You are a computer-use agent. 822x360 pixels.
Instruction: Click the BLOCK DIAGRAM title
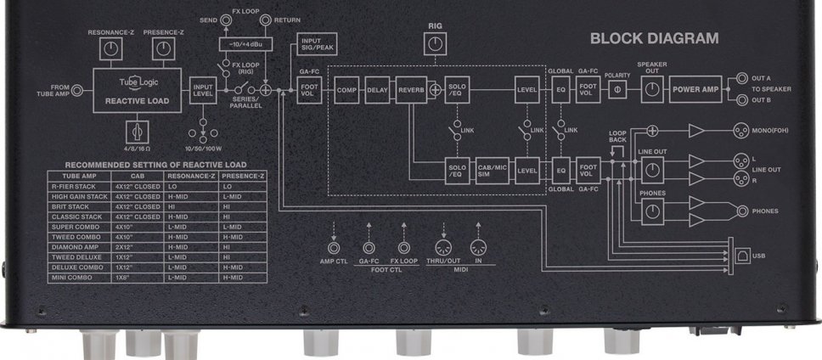[x=654, y=38]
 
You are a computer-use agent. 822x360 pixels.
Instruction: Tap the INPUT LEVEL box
[x=203, y=89]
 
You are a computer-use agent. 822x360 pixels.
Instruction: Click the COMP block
[x=346, y=89]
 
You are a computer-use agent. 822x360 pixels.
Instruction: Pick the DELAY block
[x=376, y=89]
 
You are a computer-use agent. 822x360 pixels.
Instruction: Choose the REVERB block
[x=410, y=89]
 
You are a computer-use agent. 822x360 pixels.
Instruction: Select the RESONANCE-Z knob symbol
[x=107, y=51]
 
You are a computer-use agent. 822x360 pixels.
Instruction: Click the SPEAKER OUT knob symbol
[x=651, y=89]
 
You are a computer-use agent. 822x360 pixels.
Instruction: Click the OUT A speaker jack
[x=742, y=77]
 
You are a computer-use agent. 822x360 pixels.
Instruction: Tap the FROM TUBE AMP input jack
[x=76, y=89]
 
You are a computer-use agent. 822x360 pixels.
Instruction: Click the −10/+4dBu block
[x=245, y=42]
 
